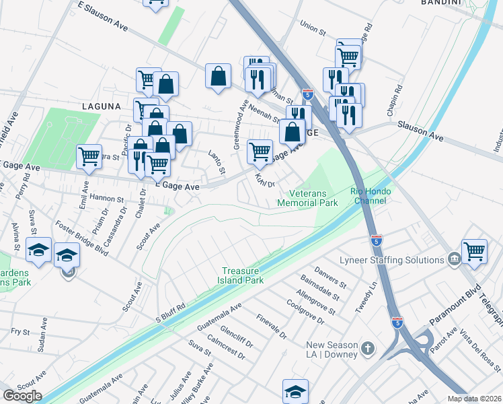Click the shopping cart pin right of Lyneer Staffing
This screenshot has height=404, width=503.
pyautogui.click(x=475, y=251)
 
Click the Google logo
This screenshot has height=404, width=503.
pyautogui.click(x=22, y=395)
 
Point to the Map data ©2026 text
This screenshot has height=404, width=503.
pyautogui.click(x=475, y=399)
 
